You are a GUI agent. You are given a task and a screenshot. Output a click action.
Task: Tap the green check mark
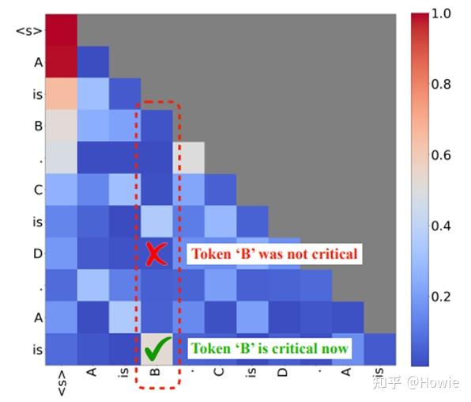click(158, 347)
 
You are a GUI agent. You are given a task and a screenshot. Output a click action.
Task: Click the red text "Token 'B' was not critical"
click(274, 254)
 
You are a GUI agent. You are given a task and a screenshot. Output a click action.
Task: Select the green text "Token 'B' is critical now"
click(269, 348)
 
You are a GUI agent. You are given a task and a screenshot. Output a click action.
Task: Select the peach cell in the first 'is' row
click(61, 94)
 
